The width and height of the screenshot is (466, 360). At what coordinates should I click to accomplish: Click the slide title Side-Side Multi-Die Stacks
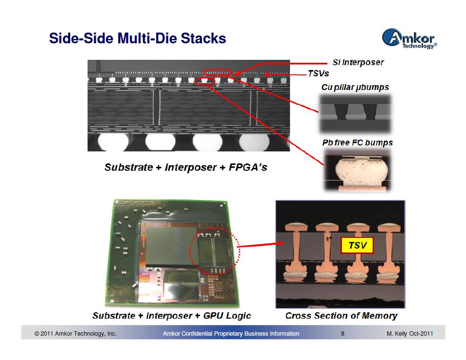137,38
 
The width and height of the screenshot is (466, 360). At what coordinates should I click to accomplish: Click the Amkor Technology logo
410,38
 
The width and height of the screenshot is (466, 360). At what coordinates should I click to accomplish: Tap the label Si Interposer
358,62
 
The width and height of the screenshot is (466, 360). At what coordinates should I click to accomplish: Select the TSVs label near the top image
318,73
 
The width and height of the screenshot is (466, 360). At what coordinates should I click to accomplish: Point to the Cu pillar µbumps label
355,88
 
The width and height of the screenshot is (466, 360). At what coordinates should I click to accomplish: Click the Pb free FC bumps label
358,143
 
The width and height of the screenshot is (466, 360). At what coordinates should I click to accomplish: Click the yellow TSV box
357,246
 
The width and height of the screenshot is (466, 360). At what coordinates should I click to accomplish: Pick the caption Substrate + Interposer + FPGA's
186,167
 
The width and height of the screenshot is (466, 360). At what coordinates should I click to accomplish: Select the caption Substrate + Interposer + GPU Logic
172,316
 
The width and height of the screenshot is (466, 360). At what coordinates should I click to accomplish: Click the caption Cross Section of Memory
341,316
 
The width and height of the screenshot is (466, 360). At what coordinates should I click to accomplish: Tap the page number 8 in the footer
342,334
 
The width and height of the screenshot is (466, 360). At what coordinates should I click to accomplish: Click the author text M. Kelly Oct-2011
410,334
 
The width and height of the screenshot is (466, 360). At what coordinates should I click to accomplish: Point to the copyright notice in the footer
75,334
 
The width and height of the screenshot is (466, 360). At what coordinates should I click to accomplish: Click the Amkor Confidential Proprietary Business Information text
231,334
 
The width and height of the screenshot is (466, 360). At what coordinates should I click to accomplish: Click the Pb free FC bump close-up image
358,170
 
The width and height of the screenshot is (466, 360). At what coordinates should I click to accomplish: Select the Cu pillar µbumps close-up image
355,114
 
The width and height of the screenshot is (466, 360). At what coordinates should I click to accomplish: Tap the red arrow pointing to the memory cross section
261,245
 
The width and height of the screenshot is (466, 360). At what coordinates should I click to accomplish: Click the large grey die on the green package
171,246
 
